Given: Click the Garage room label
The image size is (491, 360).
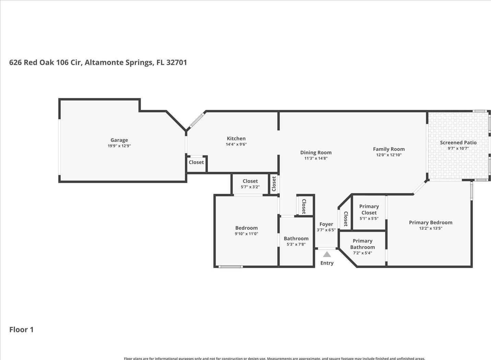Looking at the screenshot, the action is pos(119,140).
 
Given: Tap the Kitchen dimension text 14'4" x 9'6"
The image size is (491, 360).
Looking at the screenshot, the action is pos(236,144).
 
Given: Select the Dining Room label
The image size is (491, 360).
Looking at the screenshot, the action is pos(316,153).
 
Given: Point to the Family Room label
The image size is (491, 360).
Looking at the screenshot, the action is pos(389,149).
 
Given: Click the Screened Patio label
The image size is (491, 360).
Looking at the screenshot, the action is pos(458,143).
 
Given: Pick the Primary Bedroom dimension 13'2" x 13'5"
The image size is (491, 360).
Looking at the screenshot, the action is pos(431,228).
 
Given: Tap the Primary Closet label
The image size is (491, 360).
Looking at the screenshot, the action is pos(369,209).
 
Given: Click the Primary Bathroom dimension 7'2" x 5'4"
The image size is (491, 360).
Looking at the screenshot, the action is pos(362,253).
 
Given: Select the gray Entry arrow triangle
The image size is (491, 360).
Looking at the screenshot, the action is pos(327,254).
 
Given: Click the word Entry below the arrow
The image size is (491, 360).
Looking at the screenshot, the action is pos(327,263).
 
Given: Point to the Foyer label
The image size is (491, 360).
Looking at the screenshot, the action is pos(326,224).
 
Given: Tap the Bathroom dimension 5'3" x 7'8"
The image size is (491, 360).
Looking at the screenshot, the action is pos(296,244).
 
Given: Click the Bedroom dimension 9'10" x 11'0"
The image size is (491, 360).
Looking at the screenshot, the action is pos(246,233).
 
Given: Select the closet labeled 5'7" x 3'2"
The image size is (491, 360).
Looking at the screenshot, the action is pos(250,184).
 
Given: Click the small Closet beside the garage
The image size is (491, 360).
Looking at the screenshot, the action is pos(196,164).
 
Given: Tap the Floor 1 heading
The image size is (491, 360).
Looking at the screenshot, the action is pos(22,329).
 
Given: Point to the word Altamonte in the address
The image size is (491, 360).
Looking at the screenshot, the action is pos(104,62).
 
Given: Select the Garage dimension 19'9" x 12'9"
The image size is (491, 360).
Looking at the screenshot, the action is pos(119,146).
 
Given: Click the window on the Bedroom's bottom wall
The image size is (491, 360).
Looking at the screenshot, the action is pos(231,267).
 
